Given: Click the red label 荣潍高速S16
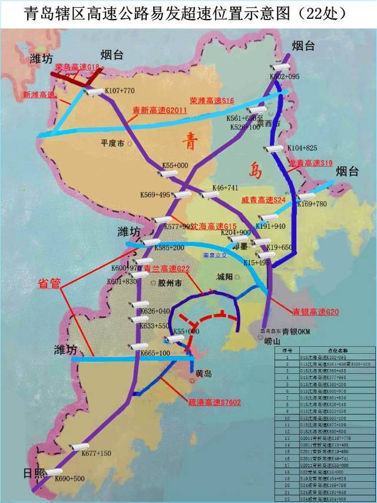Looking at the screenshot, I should point(212,101).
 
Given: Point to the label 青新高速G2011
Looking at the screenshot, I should point(160,110).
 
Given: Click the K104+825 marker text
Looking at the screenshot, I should point(302,147).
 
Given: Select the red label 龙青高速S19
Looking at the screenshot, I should point(310,163).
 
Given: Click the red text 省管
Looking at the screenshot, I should point(49,283).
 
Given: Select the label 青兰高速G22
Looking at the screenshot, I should point(167,269).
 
